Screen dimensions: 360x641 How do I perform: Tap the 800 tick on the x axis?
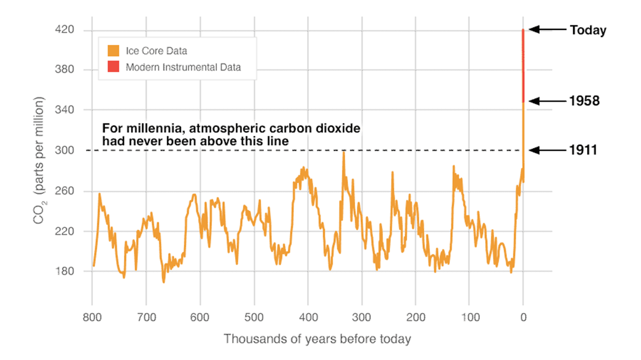click(92, 316)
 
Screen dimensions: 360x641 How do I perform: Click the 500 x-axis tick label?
click(254, 316)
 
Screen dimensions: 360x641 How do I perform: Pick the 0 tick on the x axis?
click(523, 316)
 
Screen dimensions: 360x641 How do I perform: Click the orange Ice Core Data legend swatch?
click(113, 51)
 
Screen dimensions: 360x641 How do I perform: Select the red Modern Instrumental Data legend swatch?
click(113, 67)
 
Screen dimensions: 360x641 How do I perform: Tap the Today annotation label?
click(588, 30)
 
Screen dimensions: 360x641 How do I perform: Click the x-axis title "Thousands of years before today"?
click(317, 339)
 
